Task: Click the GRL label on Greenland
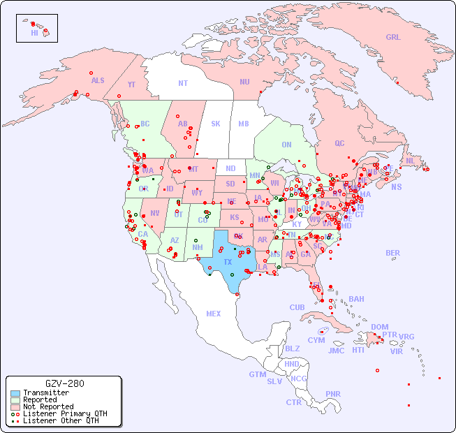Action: (393, 38)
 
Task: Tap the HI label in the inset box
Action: (34, 33)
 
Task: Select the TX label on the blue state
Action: (228, 262)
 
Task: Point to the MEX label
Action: (214, 314)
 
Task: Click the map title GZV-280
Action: (64, 383)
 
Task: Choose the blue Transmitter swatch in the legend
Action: (15, 393)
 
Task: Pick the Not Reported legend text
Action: (48, 406)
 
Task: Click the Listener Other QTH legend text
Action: (60, 420)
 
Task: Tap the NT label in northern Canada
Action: (183, 82)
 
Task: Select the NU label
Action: (244, 82)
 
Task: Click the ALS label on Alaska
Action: (98, 80)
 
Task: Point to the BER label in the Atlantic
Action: (392, 253)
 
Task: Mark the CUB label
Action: (297, 307)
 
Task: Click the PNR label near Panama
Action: (333, 394)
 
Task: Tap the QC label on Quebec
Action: (339, 143)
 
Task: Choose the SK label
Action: (216, 124)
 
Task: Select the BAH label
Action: (356, 299)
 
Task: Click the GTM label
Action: (257, 374)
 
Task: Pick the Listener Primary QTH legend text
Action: (64, 413)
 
